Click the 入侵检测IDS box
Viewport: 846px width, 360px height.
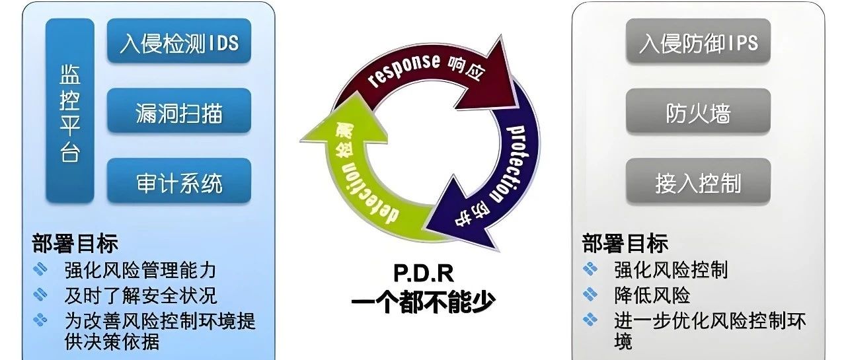coord(178,42)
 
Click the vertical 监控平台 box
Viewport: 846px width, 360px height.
coord(69,110)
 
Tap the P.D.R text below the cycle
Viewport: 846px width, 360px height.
coord(424,273)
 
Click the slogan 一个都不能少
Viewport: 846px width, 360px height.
coord(424,301)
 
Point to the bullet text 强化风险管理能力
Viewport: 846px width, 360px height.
coord(140,270)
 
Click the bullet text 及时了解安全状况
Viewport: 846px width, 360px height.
coord(140,295)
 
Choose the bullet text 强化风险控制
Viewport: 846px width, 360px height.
coord(671,270)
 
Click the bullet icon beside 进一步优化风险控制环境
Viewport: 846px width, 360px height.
coord(590,320)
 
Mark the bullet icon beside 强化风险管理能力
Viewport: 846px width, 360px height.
coord(41,270)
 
